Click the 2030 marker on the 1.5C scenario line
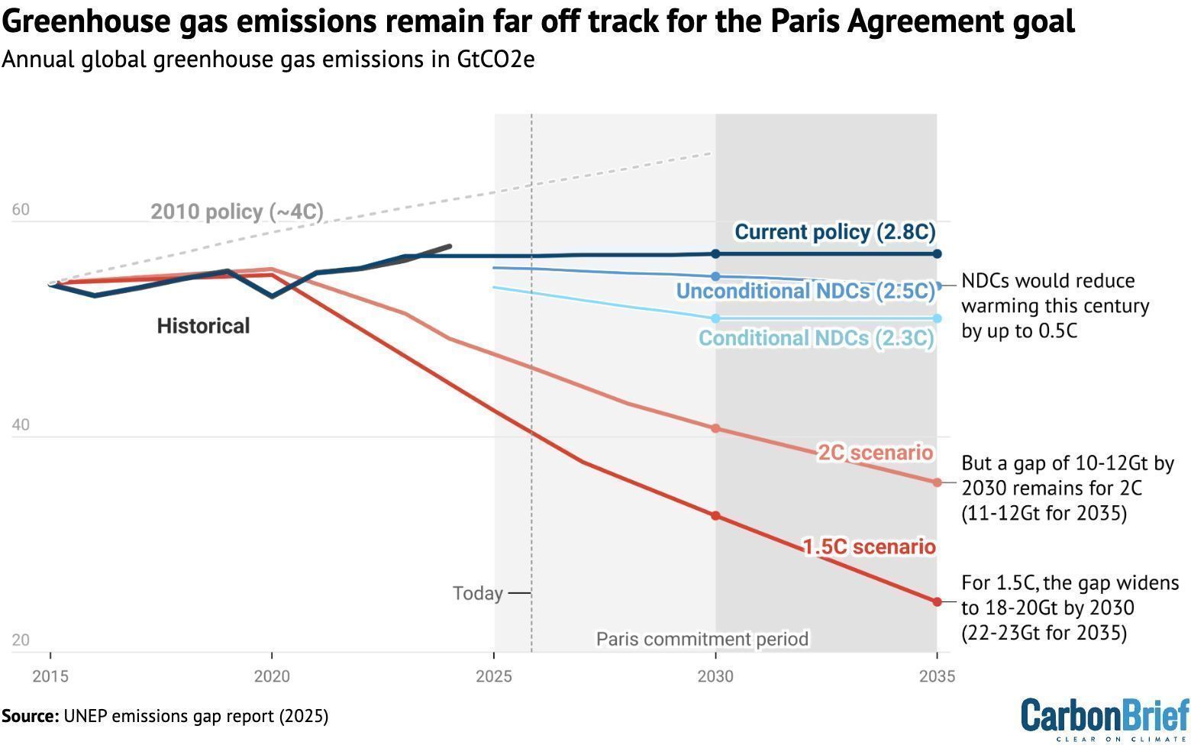pyautogui.click(x=715, y=516)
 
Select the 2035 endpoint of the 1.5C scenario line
pyautogui.click(x=937, y=602)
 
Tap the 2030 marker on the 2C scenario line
pyautogui.click(x=715, y=428)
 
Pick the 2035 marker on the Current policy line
pyautogui.click(x=937, y=254)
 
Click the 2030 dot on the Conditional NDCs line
pyautogui.click(x=715, y=318)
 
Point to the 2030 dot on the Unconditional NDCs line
pyautogui.click(x=715, y=276)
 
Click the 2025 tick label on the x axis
pyautogui.click(x=493, y=676)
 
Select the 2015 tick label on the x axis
pyautogui.click(x=50, y=676)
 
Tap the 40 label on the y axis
pyautogui.click(x=21, y=424)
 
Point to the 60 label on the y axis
pyautogui.click(x=21, y=209)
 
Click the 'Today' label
pyautogui.click(x=477, y=594)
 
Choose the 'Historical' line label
pyautogui.click(x=203, y=326)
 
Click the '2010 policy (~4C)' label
pyautogui.click(x=237, y=211)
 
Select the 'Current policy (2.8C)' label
pyautogui.click(x=834, y=232)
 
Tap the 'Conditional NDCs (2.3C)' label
pyautogui.click(x=816, y=338)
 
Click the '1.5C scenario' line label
pyautogui.click(x=869, y=546)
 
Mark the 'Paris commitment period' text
pyautogui.click(x=702, y=639)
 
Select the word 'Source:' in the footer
pyautogui.click(x=30, y=717)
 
